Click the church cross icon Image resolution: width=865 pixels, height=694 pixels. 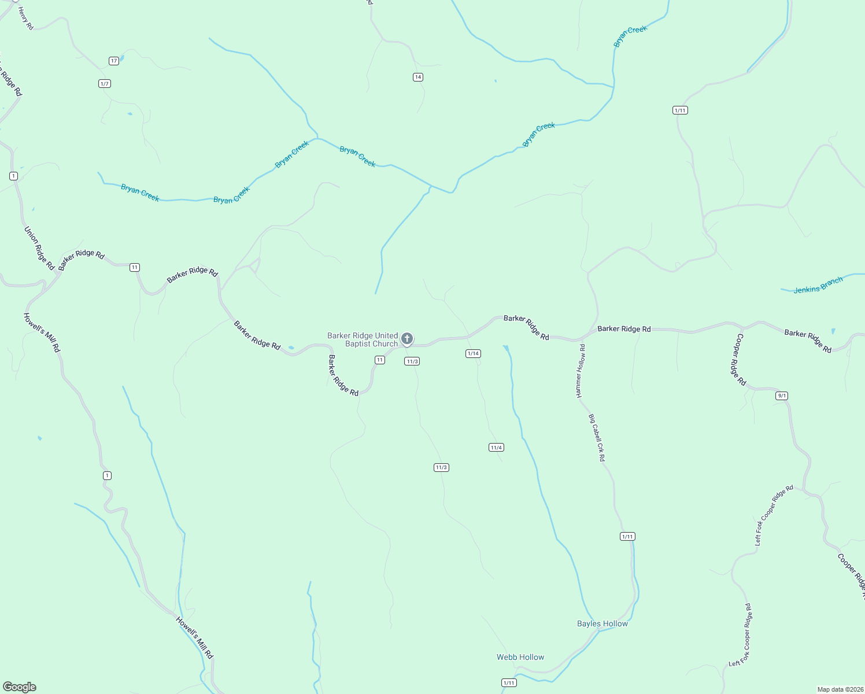pos(406,338)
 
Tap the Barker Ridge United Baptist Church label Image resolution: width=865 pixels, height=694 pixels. pos(363,339)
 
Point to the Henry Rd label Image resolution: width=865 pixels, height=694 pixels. pos(26,19)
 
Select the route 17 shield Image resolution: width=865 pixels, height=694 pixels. pos(114,61)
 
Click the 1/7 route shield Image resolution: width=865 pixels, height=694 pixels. pos(105,84)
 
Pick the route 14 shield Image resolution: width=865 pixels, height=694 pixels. pos(418,77)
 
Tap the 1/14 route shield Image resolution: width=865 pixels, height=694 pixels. pos(473,353)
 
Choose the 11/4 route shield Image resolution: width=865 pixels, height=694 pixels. pos(496,448)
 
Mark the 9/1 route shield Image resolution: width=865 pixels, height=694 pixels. pos(782,396)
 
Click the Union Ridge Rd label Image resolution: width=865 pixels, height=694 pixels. pos(39,248)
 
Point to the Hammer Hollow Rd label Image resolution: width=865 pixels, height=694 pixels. pos(581,371)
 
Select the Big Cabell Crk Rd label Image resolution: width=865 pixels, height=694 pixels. pos(597,437)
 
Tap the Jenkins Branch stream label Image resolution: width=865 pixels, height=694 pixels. pos(818,286)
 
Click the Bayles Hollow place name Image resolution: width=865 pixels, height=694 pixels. pos(602,623)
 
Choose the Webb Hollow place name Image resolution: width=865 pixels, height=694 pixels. pos(520,657)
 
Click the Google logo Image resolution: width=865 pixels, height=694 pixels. pos(20,687)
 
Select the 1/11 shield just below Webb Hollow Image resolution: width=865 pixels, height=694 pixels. pos(509,683)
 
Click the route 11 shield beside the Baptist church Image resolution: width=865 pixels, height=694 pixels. pos(379,360)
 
